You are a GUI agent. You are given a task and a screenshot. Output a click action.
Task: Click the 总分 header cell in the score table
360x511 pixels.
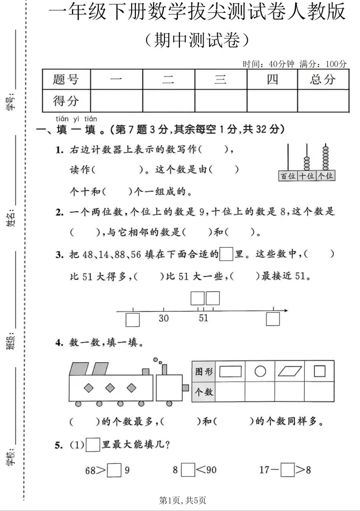tap(322, 80)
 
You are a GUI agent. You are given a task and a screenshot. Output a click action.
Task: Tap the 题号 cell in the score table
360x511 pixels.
tap(66, 80)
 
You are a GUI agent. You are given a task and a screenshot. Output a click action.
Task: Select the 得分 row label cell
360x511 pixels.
tap(66, 100)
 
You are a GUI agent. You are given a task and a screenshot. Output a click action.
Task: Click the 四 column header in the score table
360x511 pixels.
tap(272, 80)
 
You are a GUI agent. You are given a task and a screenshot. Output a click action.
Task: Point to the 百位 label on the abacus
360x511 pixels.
tap(287, 176)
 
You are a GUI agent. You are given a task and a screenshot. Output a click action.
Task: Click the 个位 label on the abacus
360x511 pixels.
tap(325, 176)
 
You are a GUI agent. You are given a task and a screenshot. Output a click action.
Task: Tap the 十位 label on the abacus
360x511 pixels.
tap(306, 176)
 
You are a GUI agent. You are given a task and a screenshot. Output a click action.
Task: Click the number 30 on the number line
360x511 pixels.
tap(163, 318)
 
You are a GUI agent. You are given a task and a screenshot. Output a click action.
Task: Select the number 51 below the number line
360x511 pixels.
tap(203, 318)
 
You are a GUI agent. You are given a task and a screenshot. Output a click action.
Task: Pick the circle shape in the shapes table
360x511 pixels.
tap(260, 371)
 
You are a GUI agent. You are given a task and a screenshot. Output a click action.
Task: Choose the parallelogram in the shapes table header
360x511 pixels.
tap(291, 371)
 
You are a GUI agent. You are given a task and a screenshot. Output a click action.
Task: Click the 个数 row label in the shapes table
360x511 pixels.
tap(204, 392)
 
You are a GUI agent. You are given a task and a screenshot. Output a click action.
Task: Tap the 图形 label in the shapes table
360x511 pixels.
tap(204, 371)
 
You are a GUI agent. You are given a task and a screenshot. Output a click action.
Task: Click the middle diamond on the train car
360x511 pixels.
tap(110, 387)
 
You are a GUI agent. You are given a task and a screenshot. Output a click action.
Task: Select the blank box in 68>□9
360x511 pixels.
tap(114, 471)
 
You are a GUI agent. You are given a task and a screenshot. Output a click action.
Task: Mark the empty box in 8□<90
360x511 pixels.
tap(188, 470)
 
